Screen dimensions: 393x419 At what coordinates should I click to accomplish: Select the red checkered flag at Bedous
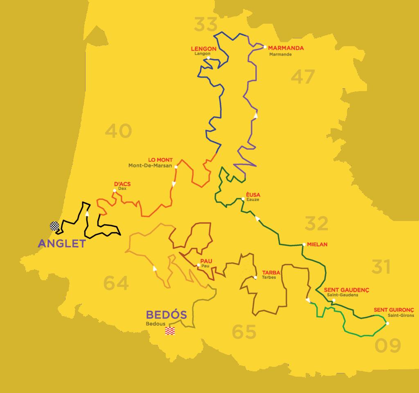170,331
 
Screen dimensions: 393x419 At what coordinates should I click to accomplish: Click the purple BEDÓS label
166,315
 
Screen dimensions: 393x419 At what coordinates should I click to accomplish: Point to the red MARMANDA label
286,48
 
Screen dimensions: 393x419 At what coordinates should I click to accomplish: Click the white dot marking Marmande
265,47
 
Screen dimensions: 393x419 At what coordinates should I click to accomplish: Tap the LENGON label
204,49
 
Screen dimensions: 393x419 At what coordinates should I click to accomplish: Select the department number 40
119,131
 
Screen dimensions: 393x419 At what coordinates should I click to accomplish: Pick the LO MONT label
160,160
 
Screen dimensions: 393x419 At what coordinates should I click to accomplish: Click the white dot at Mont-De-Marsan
176,167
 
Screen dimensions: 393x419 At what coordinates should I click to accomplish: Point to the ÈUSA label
250,194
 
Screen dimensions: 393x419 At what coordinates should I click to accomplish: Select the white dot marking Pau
198,265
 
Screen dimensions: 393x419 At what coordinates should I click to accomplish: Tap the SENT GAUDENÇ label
346,290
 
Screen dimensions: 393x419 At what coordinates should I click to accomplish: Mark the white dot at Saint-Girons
387,324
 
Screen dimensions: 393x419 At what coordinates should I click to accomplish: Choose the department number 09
387,346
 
